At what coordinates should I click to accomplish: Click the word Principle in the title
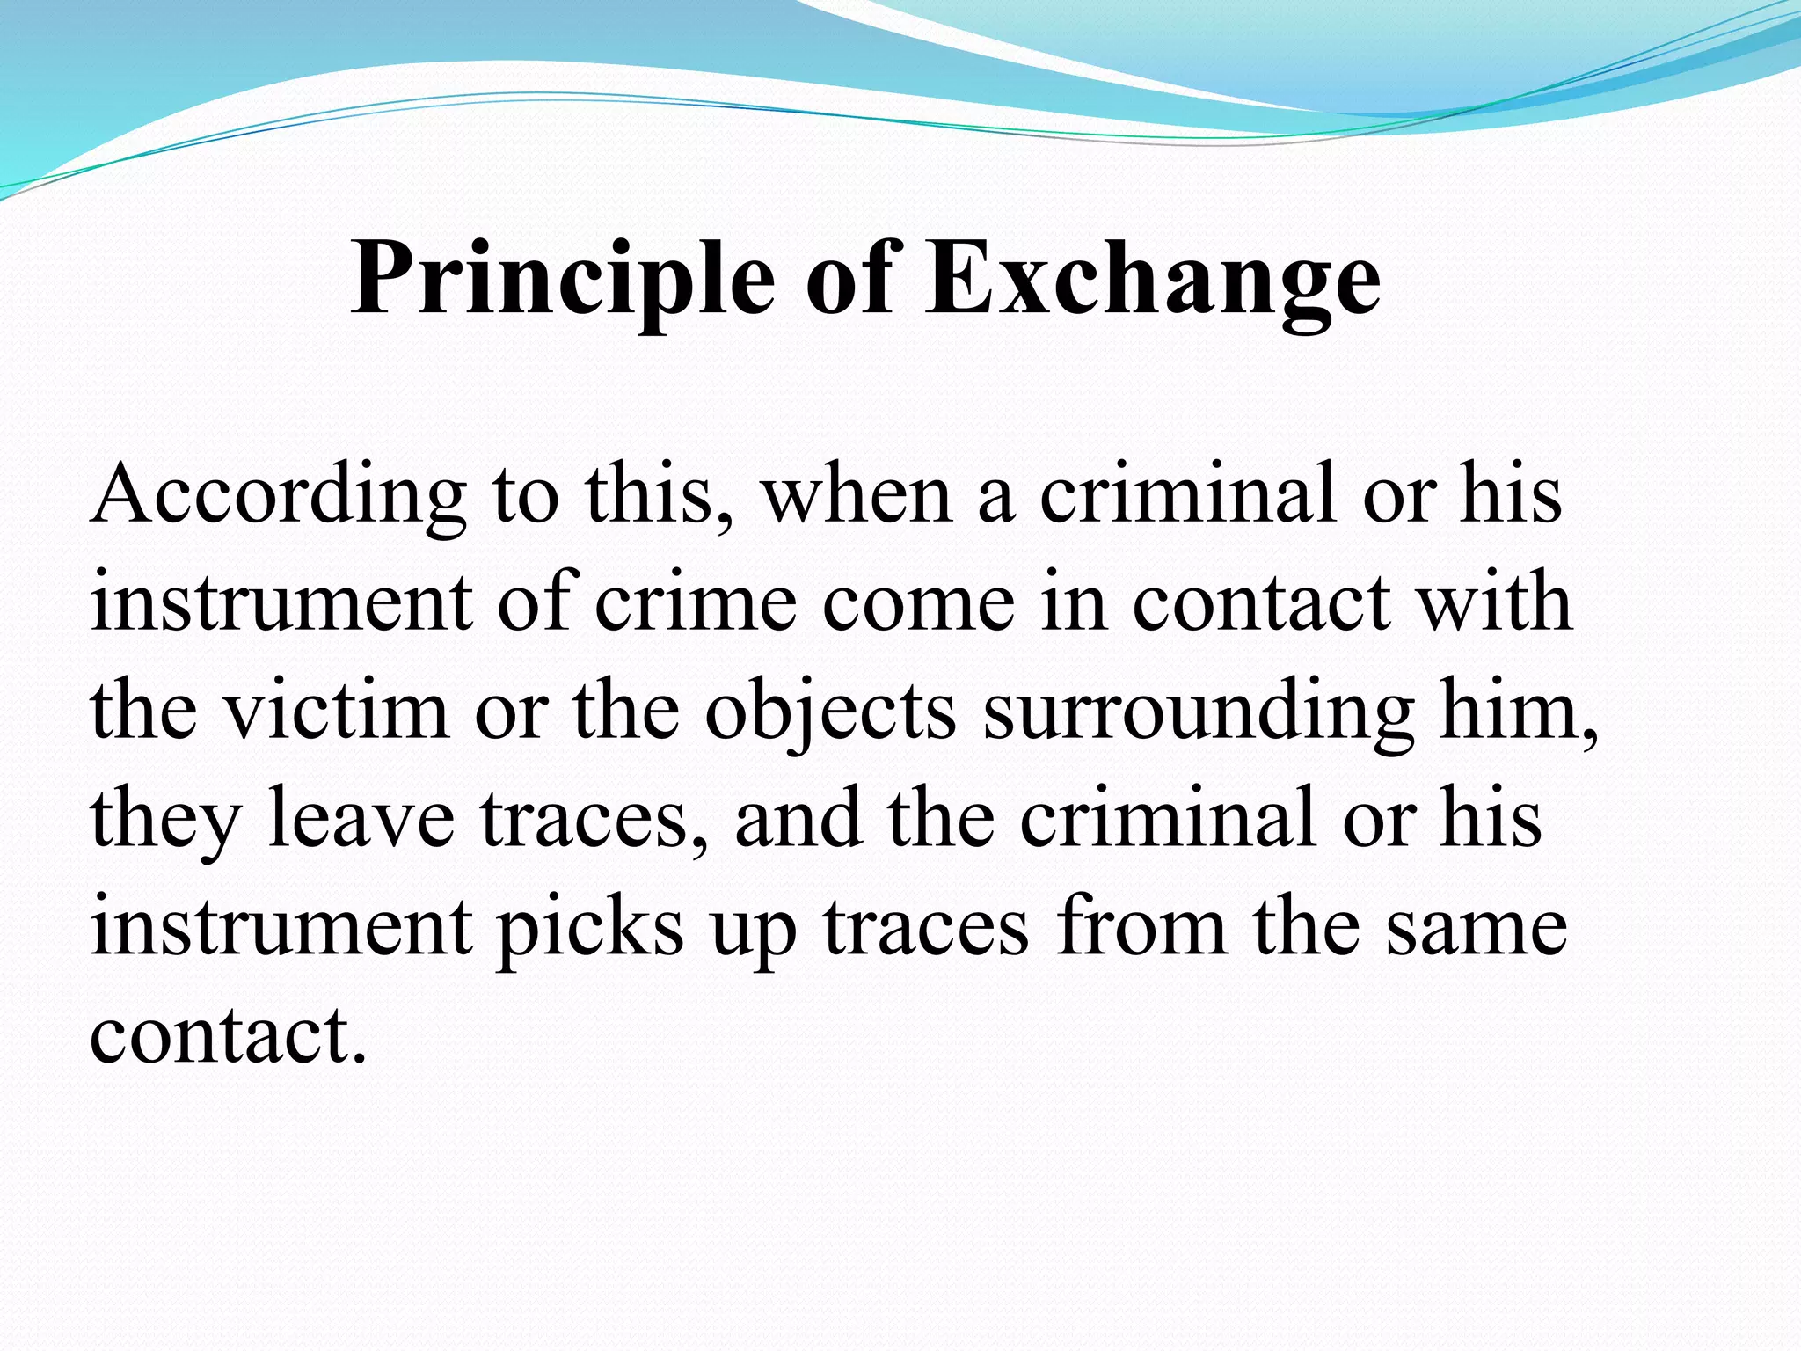click(563, 279)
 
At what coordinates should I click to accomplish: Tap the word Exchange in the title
click(1152, 279)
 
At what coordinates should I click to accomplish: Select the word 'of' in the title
click(849, 279)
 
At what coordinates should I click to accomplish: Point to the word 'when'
click(857, 494)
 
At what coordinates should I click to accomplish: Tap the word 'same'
click(1477, 927)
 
